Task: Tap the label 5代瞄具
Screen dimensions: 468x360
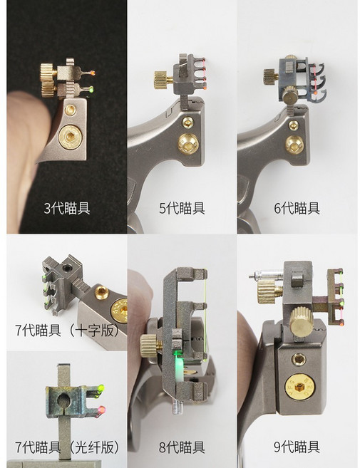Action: [x=181, y=208]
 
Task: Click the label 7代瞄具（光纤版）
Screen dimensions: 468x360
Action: [x=66, y=447]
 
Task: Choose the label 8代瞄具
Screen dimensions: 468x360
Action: [x=181, y=447]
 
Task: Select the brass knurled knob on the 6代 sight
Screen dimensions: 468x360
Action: [x=272, y=73]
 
